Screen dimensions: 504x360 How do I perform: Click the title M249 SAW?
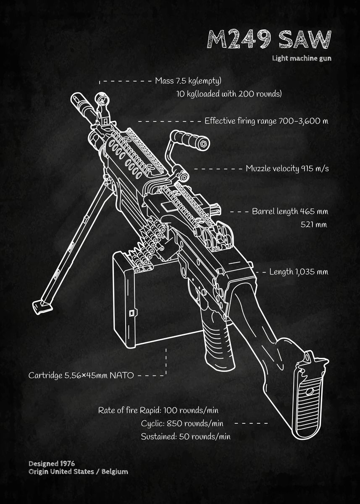click(x=269, y=40)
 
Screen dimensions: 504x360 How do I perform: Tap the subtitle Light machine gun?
click(x=301, y=58)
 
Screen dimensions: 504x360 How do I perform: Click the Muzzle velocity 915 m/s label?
click(x=287, y=169)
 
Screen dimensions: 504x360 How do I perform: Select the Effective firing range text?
click(x=266, y=121)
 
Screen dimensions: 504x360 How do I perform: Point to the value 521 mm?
click(x=313, y=224)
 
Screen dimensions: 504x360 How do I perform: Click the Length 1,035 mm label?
click(x=298, y=272)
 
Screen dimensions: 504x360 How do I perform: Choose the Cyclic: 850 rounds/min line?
click(x=182, y=423)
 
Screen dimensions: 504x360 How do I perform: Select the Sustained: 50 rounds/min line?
click(x=185, y=436)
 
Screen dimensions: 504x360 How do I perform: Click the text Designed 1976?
click(x=52, y=464)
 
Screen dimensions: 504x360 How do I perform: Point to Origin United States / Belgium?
click(x=78, y=472)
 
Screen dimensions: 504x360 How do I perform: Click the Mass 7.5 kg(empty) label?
click(x=188, y=81)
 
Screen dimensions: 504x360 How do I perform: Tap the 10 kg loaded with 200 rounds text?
click(x=229, y=94)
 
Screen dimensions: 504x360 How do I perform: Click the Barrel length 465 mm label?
click(x=290, y=211)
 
